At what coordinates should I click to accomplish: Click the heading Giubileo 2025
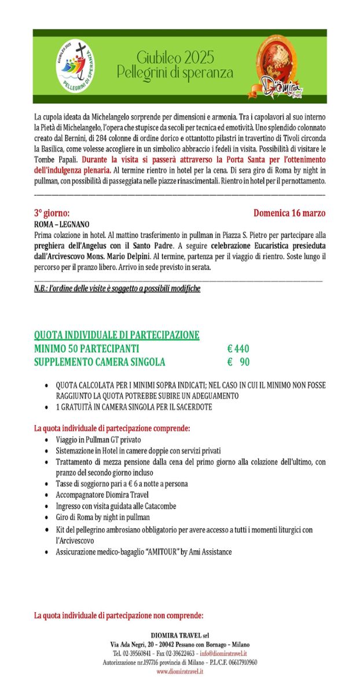[x=175, y=57]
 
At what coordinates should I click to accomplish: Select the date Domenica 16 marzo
[x=289, y=213]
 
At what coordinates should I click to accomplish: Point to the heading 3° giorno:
[x=53, y=213]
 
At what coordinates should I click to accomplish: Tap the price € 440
[x=238, y=349]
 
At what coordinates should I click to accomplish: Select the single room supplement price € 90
[x=238, y=362]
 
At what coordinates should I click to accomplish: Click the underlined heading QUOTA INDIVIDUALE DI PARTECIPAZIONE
[x=117, y=335]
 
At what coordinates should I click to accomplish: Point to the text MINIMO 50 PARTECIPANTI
[x=86, y=349]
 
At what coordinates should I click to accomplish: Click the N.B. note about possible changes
[x=117, y=288]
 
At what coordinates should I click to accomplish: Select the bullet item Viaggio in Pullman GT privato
[x=97, y=440]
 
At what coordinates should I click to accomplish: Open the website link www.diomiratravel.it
[x=180, y=671]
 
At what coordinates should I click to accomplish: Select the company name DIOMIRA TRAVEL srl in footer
[x=180, y=635]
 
